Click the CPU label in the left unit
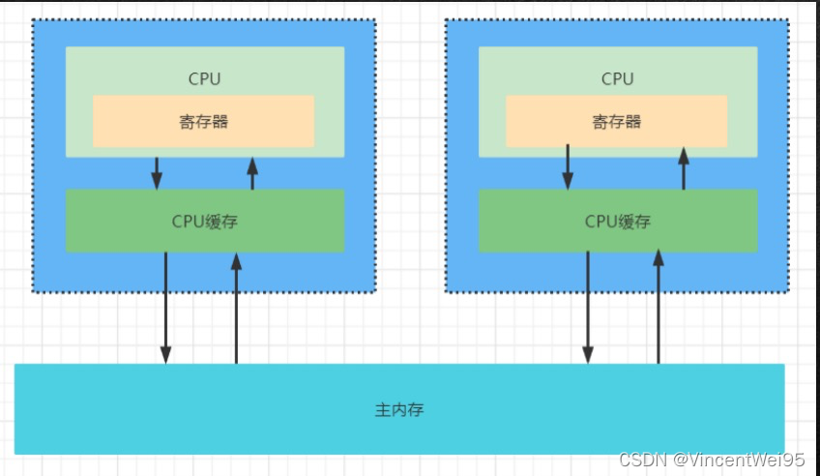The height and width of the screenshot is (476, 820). (204, 78)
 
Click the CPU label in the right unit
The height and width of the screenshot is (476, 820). (617, 78)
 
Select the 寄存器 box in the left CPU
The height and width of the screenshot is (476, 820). (203, 121)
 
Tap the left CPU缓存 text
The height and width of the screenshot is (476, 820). (204, 221)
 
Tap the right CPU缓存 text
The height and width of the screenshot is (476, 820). (617, 221)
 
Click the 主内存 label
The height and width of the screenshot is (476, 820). (398, 409)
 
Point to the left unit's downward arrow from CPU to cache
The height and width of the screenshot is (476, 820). (157, 172)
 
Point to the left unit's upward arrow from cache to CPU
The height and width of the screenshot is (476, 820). (252, 174)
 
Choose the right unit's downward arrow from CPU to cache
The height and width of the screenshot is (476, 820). (568, 166)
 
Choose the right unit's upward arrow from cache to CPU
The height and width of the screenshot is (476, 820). (684, 168)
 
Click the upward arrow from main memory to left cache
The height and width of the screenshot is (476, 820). (236, 308)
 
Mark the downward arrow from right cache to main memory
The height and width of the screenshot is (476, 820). (587, 305)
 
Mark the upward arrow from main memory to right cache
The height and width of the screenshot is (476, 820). (659, 308)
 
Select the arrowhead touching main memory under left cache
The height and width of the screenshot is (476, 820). (165, 355)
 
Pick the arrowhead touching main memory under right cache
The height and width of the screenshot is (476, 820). (587, 355)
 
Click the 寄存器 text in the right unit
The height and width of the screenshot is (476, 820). (617, 122)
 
